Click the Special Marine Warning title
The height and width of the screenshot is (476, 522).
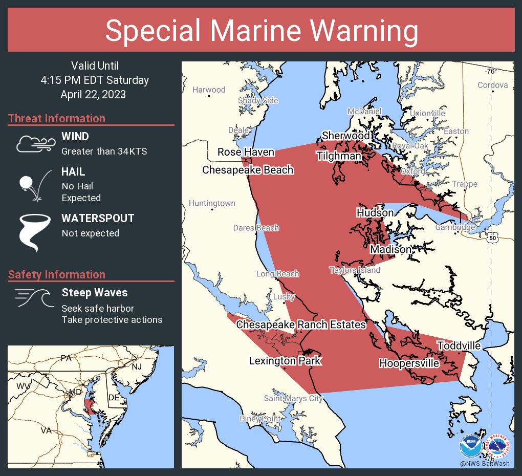pyautogui.click(x=261, y=31)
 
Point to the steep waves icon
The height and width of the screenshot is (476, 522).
pyautogui.click(x=34, y=298)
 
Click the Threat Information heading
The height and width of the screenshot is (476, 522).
pyautogui.click(x=57, y=118)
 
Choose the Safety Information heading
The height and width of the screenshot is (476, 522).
pyautogui.click(x=57, y=274)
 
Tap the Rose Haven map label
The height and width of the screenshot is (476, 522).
pyautogui.click(x=246, y=152)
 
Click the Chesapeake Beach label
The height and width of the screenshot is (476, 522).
pyautogui.click(x=248, y=170)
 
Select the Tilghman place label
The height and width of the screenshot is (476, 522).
pyautogui.click(x=339, y=156)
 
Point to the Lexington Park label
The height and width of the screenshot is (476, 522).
pyautogui.click(x=285, y=361)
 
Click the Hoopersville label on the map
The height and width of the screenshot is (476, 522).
pyautogui.click(x=409, y=363)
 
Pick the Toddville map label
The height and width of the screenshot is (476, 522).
pyautogui.click(x=459, y=346)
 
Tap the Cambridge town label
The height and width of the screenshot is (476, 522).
pyautogui.click(x=455, y=227)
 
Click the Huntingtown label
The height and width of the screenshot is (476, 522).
pyautogui.click(x=212, y=203)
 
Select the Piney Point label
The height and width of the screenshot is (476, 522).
pyautogui.click(x=260, y=419)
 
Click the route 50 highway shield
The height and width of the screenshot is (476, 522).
pyautogui.click(x=492, y=238)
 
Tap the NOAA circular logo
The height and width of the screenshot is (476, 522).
pyautogui.click(x=470, y=447)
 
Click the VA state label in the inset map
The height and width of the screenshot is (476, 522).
pyautogui.click(x=47, y=430)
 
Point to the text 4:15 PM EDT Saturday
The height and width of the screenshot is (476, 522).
pyautogui.click(x=95, y=80)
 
